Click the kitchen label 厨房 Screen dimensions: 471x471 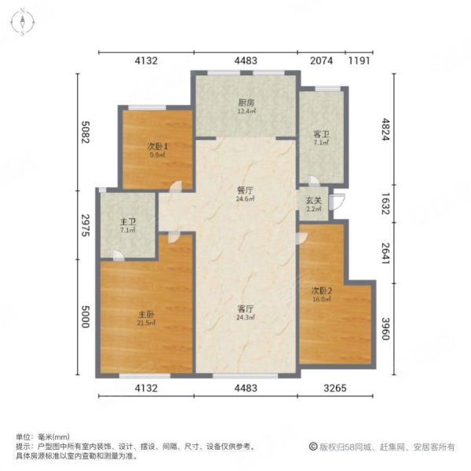[x=245, y=102]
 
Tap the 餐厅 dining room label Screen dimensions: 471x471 [x=245, y=189]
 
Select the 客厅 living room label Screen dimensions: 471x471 [x=245, y=309]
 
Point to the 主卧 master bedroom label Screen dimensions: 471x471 [x=146, y=314]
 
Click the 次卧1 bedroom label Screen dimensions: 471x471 [x=157, y=146]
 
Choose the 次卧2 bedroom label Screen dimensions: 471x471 [x=323, y=290]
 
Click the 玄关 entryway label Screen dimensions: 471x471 [x=312, y=201]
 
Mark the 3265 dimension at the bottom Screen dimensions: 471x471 [x=335, y=387]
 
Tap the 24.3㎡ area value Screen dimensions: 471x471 [x=245, y=318]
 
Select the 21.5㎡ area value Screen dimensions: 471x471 [x=146, y=323]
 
